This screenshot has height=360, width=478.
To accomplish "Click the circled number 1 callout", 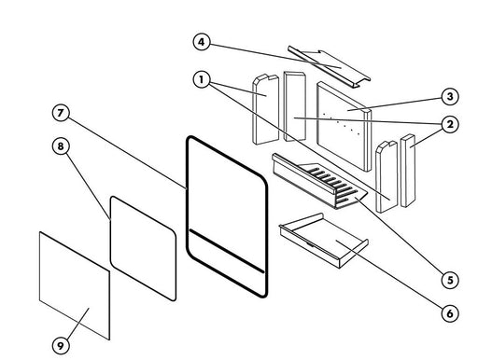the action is click(202, 79).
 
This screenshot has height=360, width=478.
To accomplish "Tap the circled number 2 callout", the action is click(450, 124).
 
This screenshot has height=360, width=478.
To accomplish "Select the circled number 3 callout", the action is click(450, 97).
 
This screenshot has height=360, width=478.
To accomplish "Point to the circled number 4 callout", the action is click(202, 42).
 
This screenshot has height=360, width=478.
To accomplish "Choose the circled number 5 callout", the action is click(450, 280).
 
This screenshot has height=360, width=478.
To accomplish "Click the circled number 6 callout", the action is click(450, 313).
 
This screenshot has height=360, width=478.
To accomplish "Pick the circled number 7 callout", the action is click(61, 113).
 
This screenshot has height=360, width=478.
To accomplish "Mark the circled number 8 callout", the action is click(61, 145).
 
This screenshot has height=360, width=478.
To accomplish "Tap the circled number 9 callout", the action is click(61, 345).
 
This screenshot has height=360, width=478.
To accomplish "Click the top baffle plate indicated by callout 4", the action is click(329, 66).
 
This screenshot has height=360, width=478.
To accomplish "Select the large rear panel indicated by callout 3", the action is click(344, 126).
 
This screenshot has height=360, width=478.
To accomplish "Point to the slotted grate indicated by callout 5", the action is click(319, 181).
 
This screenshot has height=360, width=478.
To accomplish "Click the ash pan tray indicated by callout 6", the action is click(324, 240).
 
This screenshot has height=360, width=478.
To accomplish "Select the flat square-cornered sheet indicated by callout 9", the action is click(75, 285).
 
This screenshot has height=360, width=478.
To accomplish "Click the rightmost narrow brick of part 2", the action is click(408, 171).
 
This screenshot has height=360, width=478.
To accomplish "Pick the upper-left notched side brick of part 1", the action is click(265, 109).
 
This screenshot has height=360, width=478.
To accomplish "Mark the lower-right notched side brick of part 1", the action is click(387, 176).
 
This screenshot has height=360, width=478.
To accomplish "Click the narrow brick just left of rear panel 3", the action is click(295, 106).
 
